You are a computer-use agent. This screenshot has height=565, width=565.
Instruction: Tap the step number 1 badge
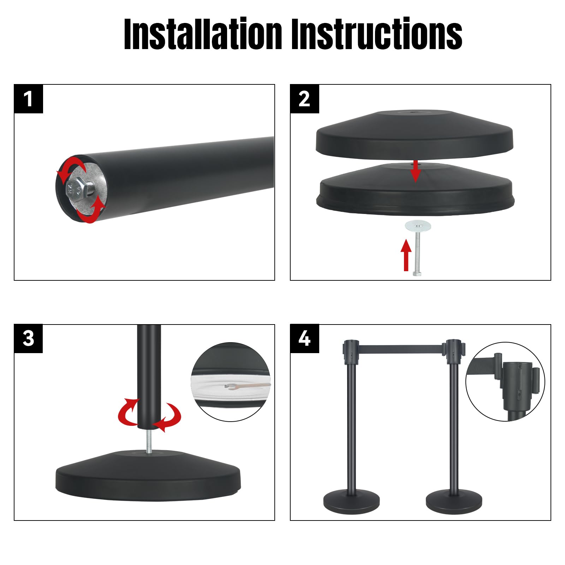pyautogui.click(x=29, y=99)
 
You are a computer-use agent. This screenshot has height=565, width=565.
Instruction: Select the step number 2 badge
pyautogui.click(x=304, y=99)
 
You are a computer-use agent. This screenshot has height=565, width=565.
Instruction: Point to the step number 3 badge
pyautogui.click(x=28, y=339)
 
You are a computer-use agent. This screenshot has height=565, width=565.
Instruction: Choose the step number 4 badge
pyautogui.click(x=304, y=339)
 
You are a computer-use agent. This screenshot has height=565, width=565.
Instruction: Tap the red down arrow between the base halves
pyautogui.click(x=416, y=171)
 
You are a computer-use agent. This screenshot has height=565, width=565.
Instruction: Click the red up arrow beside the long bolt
pyautogui.click(x=406, y=255)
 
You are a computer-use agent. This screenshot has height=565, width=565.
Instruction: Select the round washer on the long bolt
pyautogui.click(x=417, y=225)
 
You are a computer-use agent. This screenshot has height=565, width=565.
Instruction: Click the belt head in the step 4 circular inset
pyautogui.click(x=516, y=385)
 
